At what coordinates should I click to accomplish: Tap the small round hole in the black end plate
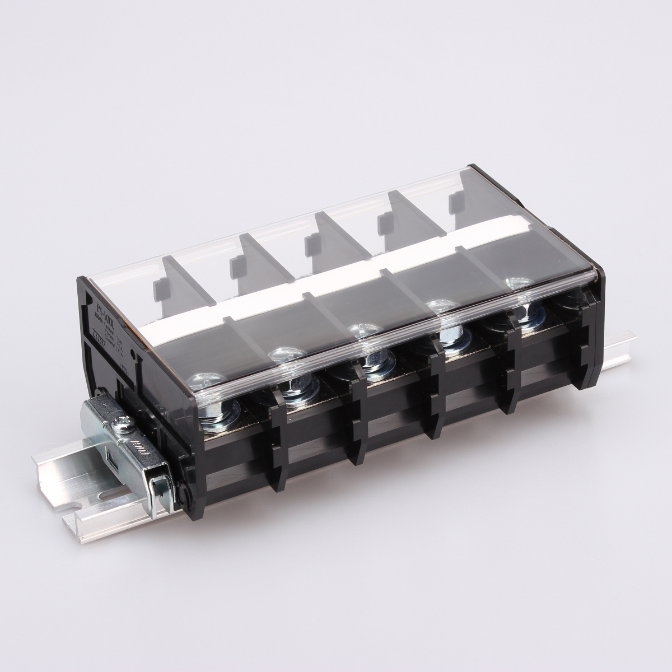click(x=132, y=354)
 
